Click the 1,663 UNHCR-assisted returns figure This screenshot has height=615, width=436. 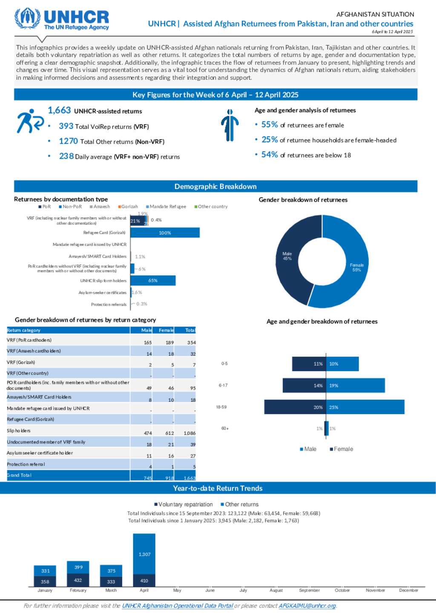(60, 111)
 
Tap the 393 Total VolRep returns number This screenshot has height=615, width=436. (66, 126)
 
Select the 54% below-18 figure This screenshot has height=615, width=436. (270, 155)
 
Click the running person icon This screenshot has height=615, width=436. (29, 121)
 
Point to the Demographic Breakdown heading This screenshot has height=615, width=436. (215, 186)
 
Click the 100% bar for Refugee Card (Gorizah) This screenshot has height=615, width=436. (165, 233)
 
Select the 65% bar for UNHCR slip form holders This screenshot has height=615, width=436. (153, 280)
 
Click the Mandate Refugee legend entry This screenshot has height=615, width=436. (167, 207)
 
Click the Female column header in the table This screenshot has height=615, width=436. (166, 330)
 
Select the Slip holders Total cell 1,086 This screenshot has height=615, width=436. (190, 433)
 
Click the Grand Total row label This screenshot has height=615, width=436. (19, 475)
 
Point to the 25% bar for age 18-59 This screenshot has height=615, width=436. (365, 407)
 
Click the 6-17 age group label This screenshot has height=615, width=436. (223, 386)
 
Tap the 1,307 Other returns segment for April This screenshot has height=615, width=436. (144, 554)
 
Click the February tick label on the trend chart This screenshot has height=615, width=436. (78, 590)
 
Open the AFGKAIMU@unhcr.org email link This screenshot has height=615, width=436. (307, 606)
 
